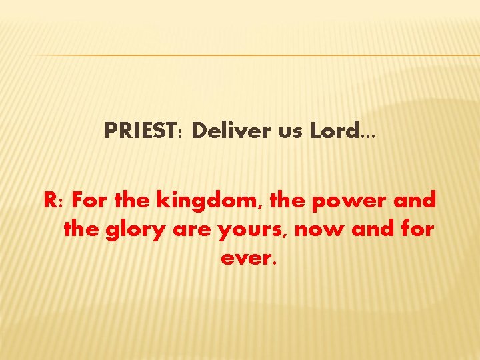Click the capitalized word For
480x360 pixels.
pyautogui.click(x=86, y=199)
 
